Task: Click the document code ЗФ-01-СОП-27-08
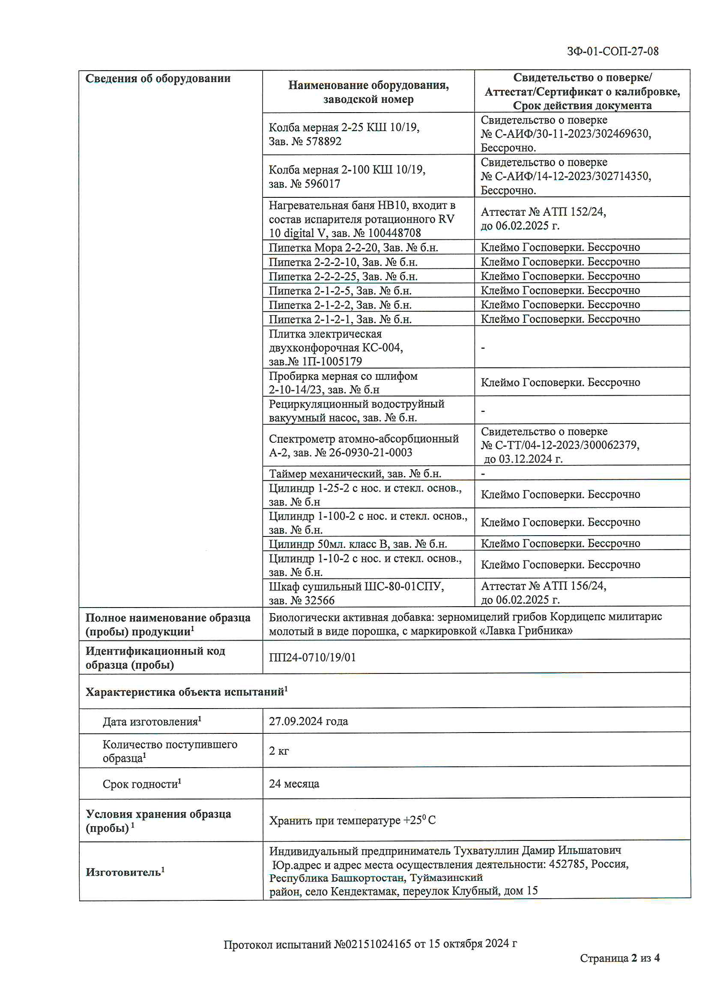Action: pos(612,51)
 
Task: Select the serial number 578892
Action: pos(323,142)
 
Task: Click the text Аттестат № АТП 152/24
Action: pos(543,212)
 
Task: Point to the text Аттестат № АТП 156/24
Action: pos(543,586)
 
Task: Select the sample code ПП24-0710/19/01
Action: pos(312,658)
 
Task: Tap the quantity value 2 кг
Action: pos(279,751)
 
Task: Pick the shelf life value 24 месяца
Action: pos(293,784)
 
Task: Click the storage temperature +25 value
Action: pos(412,820)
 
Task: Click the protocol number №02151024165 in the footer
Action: pos(372,944)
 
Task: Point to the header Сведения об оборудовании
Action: pos(158,79)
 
